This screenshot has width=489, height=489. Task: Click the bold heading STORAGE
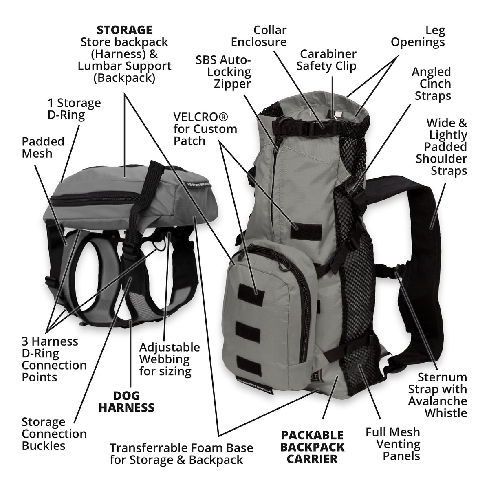[124, 30]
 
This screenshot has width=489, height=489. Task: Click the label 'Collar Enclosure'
[259, 36]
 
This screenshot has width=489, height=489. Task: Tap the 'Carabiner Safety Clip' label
[326, 60]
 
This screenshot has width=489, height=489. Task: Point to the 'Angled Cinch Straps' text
[432, 84]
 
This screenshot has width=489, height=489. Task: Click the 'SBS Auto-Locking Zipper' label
[223, 72]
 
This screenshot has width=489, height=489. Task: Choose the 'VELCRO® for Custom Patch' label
[205, 129]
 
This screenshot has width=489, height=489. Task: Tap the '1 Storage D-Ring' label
[74, 109]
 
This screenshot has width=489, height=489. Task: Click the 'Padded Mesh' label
[43, 148]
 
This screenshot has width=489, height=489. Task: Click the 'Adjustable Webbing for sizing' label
[170, 359]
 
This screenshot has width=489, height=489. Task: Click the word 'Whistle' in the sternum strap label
[446, 413]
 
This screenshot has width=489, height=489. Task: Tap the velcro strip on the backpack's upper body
[306, 231]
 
